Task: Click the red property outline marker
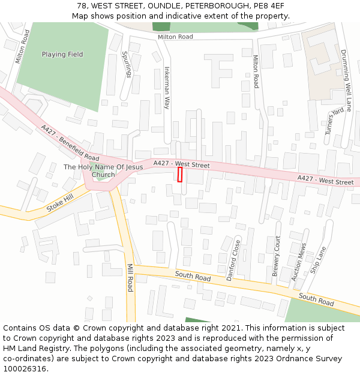pyautogui.click(x=180, y=175)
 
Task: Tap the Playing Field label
pyautogui.click(x=62, y=55)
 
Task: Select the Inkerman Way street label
pyautogui.click(x=167, y=86)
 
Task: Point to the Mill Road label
pyautogui.click(x=130, y=278)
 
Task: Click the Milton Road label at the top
pyautogui.click(x=175, y=37)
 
